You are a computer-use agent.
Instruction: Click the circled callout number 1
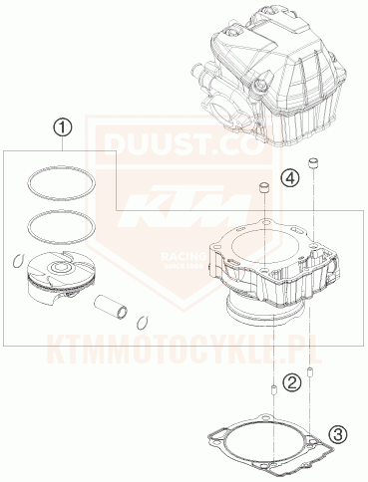(62, 128)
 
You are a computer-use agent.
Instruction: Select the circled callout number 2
(291, 381)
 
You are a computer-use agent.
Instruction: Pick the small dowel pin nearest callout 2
(271, 387)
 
